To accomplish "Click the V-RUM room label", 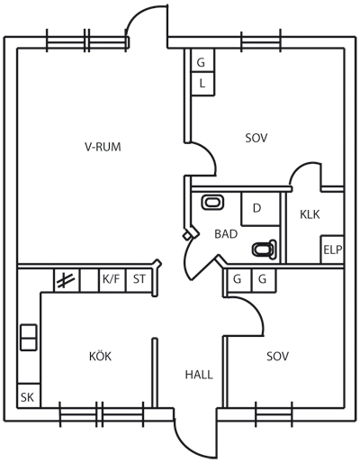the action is pos(103,147).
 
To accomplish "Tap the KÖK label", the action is pos(100,356).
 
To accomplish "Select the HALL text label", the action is pos(199,375).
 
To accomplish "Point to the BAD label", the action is pos(226,233).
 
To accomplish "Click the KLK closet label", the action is pos(310,214).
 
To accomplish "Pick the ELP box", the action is pos(332,250).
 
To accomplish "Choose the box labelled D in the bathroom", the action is pos(261,209).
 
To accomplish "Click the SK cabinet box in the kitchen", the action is pos(29,395).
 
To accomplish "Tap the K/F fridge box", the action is pos(112,280).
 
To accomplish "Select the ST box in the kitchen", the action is pos(139,280).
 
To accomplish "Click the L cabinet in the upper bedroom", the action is pos(202,84).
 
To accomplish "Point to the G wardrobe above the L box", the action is pos(202,60).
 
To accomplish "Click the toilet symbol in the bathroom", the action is pos(264,250).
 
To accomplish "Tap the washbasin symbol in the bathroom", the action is pos(212,202).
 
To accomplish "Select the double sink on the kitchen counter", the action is pos(29,337).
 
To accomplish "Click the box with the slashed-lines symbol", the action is pos(67,280).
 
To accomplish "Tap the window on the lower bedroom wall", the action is pos(274,413).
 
